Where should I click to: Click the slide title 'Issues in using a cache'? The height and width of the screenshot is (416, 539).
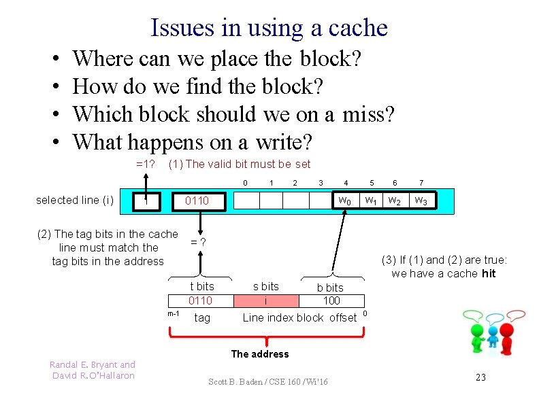[x=269, y=28]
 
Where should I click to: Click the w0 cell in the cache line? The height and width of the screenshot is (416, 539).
[x=345, y=201]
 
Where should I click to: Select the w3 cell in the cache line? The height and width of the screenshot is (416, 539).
[x=421, y=201]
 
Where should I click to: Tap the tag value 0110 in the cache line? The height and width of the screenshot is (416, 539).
[x=197, y=201]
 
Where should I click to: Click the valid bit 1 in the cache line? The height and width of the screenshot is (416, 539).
[x=145, y=201]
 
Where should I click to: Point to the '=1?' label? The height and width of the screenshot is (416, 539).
[x=146, y=164]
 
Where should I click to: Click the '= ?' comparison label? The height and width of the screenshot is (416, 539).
[x=198, y=243]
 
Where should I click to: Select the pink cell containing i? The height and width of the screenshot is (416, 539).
[x=265, y=300]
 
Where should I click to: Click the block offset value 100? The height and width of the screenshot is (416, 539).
[x=331, y=300]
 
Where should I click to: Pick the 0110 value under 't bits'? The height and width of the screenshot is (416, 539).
[x=201, y=300]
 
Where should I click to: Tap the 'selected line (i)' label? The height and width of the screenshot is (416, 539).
[x=74, y=200]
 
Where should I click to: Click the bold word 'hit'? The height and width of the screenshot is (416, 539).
[x=488, y=273]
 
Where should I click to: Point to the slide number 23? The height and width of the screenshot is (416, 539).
[x=480, y=377]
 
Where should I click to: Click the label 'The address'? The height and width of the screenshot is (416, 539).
[x=260, y=353]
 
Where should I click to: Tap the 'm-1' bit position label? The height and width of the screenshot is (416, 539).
[x=174, y=313]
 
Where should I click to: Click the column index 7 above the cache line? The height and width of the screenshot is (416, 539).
[x=421, y=182]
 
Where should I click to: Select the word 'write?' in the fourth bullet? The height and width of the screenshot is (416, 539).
[x=284, y=142]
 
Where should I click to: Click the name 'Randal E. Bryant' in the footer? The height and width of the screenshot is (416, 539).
[x=93, y=365]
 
